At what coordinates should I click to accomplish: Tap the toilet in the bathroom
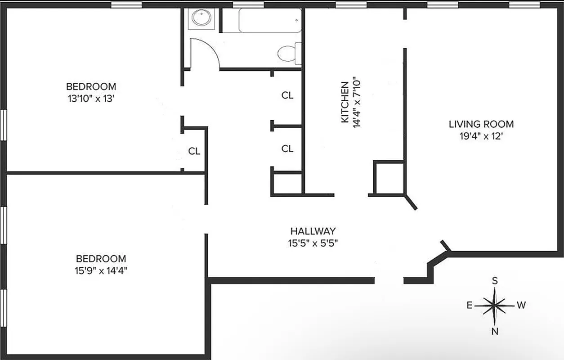click(x=286, y=54)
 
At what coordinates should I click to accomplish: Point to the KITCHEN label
click(x=345, y=102)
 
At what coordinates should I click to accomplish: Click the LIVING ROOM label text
click(x=481, y=124)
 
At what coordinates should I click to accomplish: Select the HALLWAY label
click(x=313, y=231)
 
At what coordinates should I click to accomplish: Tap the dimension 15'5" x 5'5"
click(x=313, y=243)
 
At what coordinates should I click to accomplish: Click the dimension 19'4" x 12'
click(x=481, y=136)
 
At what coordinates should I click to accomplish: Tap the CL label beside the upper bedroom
click(x=194, y=151)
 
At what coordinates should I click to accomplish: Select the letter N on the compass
click(x=495, y=332)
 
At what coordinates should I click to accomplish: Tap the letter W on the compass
click(x=521, y=306)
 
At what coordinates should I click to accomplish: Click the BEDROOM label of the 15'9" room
click(x=101, y=259)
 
